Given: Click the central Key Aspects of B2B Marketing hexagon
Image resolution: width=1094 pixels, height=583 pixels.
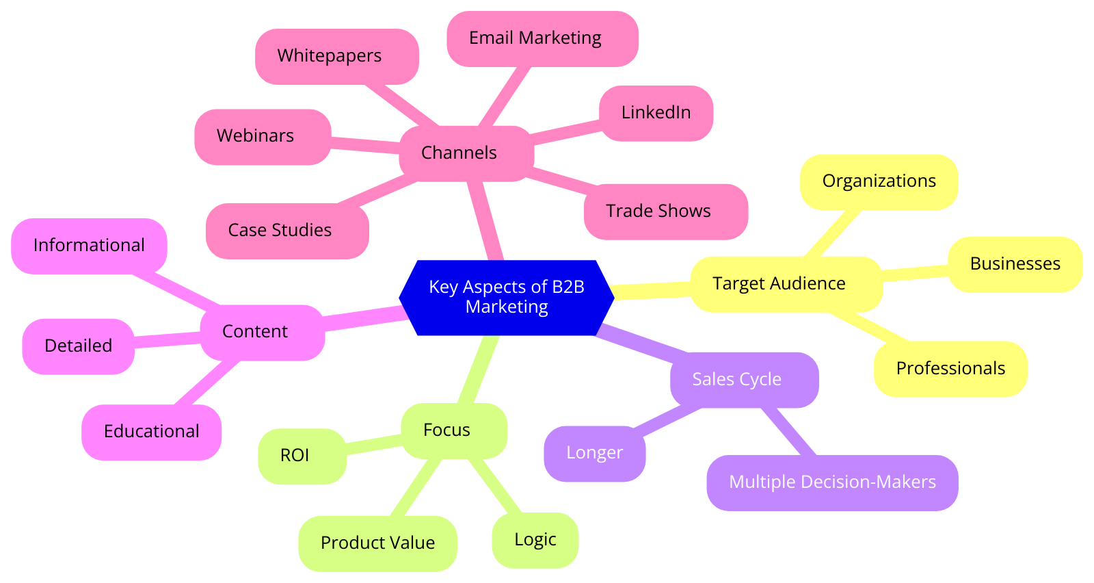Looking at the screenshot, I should click(507, 297).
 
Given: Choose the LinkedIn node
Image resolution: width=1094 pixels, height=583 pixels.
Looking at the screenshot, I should click(656, 113).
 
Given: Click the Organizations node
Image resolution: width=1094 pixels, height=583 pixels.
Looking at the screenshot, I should click(879, 181).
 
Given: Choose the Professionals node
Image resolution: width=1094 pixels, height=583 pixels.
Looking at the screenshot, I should click(950, 369).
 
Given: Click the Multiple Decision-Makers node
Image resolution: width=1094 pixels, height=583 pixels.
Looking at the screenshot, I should click(832, 482).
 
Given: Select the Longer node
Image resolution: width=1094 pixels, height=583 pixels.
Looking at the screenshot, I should click(594, 453).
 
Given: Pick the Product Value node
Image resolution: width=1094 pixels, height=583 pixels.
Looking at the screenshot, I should click(377, 543).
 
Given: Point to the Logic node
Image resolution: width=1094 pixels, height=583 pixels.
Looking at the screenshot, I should click(535, 540).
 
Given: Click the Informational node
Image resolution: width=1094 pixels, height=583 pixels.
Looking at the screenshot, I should click(89, 246).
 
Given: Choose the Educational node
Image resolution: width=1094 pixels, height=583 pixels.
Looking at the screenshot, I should click(151, 432).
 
